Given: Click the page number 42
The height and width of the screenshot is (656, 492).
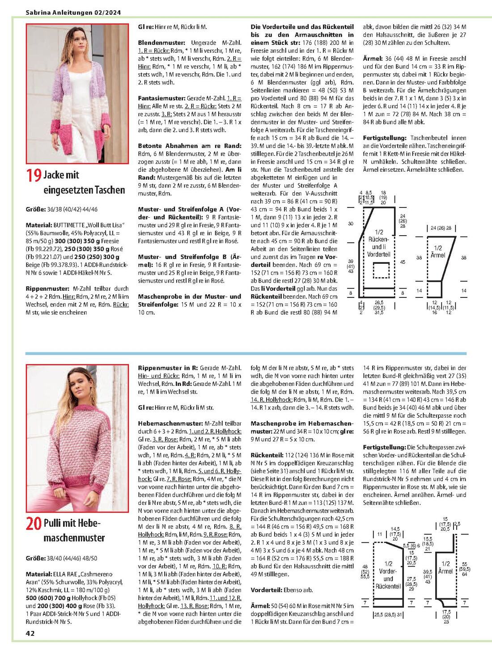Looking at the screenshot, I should point(30,633).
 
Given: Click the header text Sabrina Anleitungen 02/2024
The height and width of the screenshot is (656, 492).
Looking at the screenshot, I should point(73,13).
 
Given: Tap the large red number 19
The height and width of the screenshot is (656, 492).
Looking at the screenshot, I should point(34,175).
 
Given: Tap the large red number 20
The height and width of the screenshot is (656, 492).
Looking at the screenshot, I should point(34,523).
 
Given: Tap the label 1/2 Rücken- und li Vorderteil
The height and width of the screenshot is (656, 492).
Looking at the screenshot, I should point(378,243).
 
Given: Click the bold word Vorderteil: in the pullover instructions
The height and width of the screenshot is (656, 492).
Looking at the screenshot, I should point(269,590).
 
